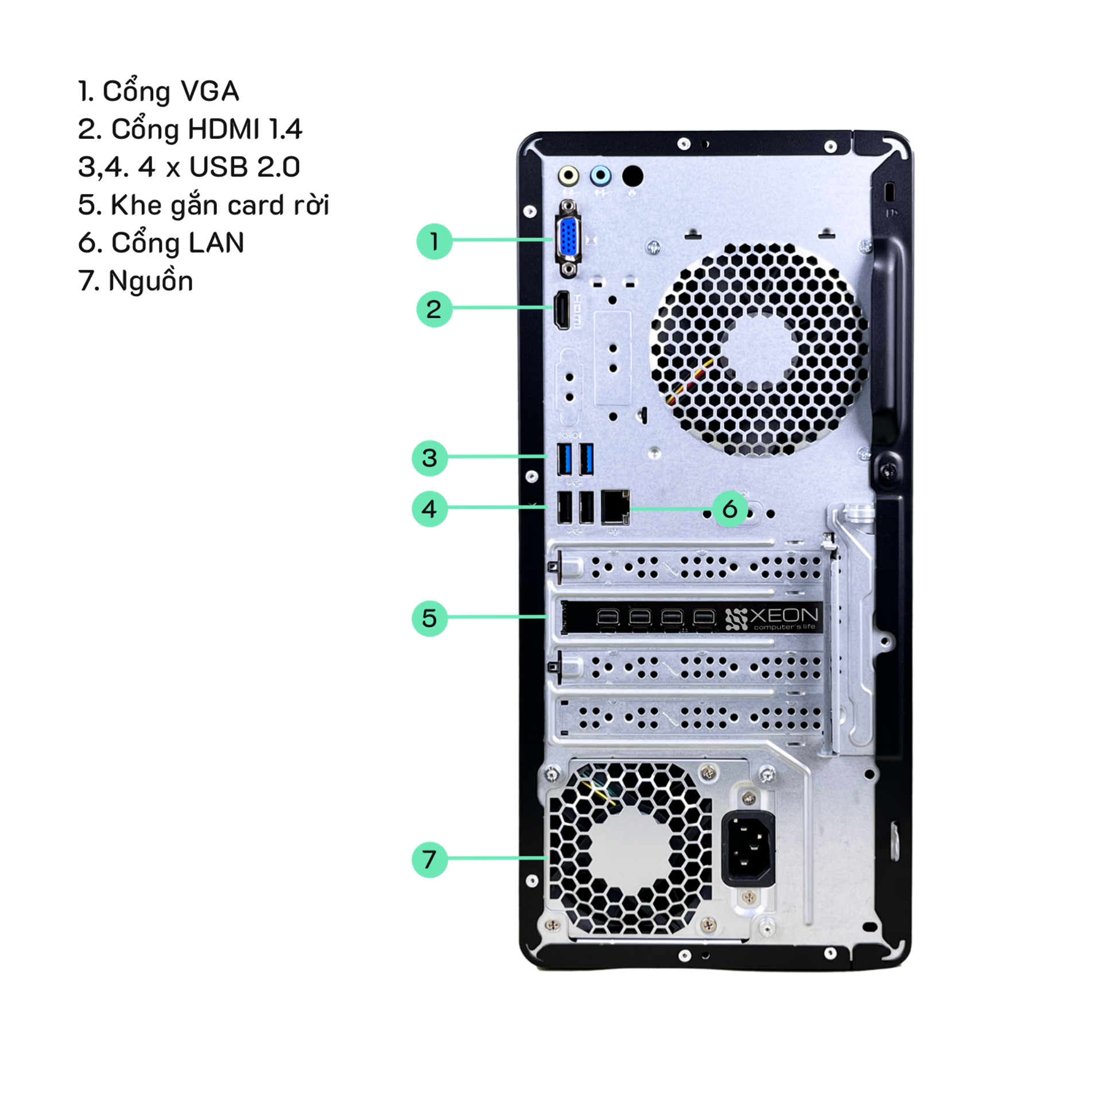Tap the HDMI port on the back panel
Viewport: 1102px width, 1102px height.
coord(561,311)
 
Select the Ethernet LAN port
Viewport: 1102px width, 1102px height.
coord(615,507)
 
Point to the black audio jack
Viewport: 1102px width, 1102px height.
coord(633,176)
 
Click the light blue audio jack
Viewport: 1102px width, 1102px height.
coord(600,175)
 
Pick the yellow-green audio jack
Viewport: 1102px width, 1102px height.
coord(569,175)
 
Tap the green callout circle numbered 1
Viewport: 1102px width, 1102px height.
coord(434,241)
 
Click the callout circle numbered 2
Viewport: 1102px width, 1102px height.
coord(434,309)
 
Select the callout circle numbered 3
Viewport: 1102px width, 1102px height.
coord(430,458)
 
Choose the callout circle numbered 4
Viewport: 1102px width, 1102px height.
coord(430,509)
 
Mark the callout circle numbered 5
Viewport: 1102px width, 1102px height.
coord(430,618)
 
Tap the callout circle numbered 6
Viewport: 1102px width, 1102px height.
coord(730,509)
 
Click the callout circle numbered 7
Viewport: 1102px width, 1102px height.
coord(430,859)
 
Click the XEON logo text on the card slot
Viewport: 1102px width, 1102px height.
coord(784,615)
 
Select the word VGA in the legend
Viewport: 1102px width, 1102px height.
coord(209,91)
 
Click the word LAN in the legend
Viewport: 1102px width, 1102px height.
coord(216,243)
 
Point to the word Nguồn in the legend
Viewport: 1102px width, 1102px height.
coord(151,281)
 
